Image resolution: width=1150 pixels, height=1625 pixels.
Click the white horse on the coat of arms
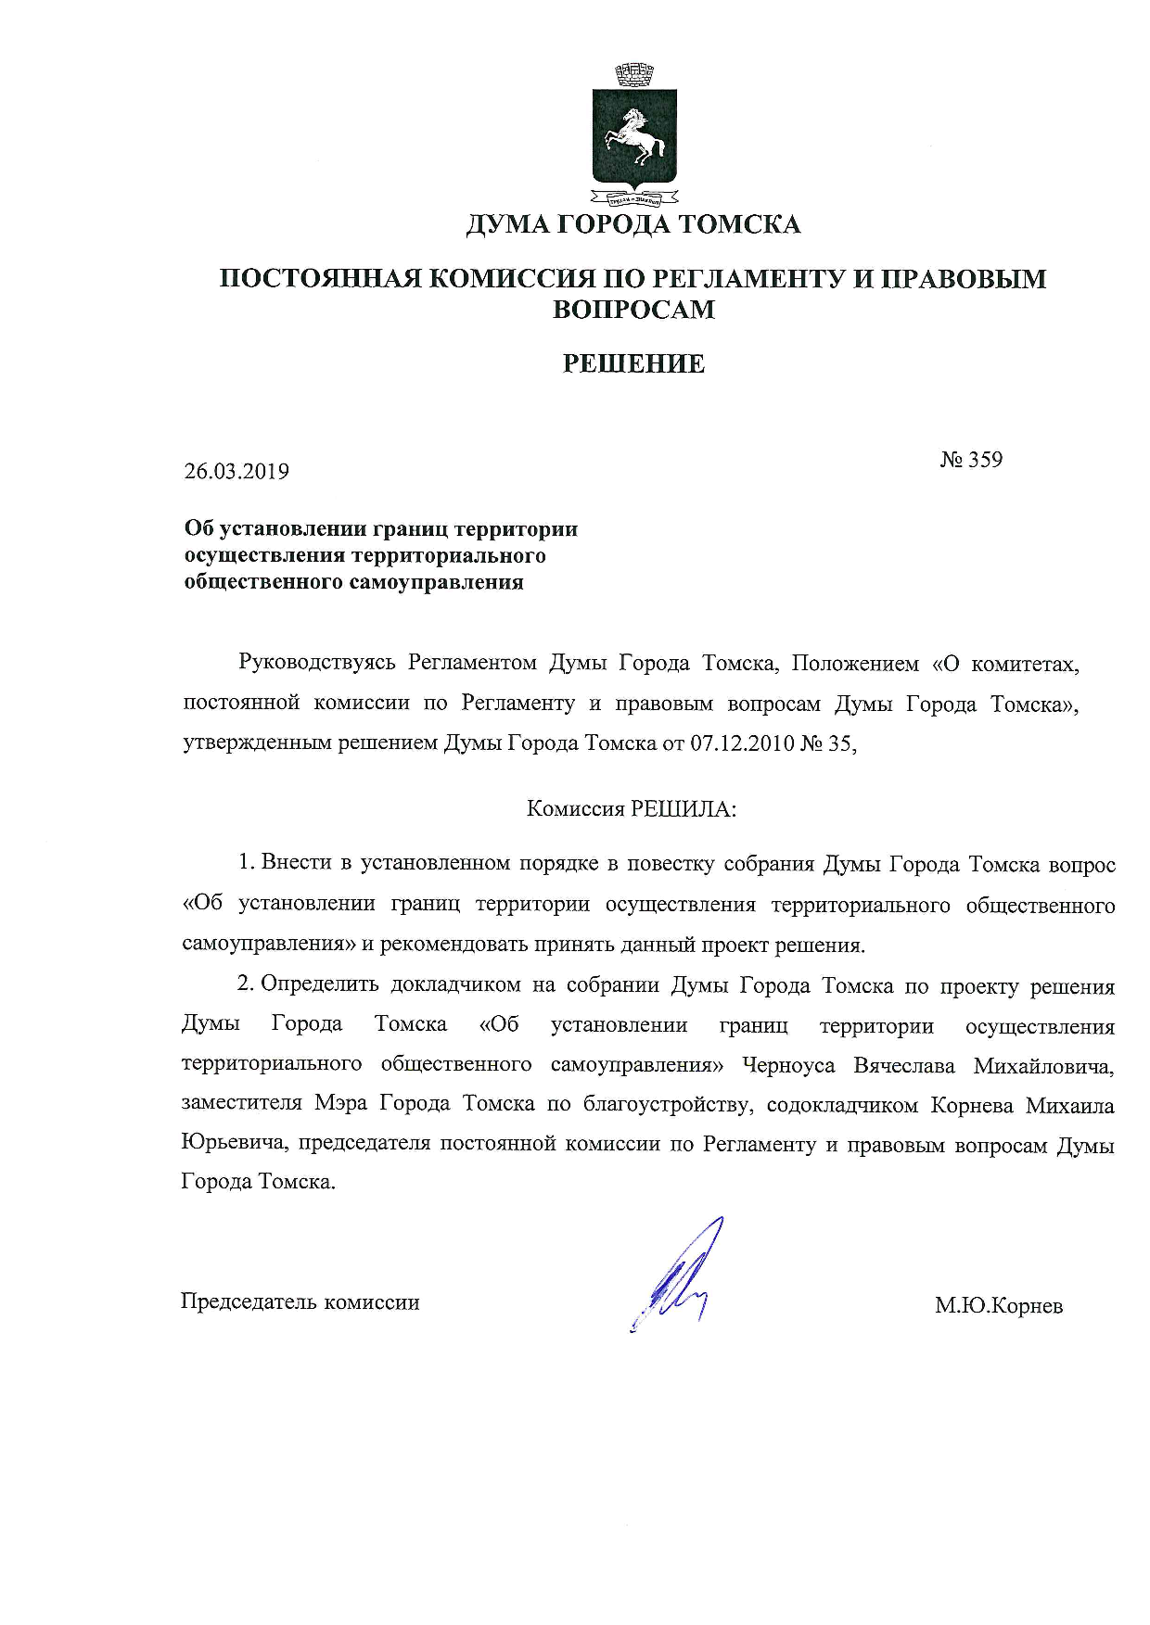[x=635, y=138]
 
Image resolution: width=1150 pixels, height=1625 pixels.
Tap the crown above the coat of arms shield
[x=635, y=73]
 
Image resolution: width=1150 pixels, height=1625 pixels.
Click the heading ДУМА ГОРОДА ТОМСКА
[x=633, y=224]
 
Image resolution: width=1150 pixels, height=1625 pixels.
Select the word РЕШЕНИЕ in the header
[x=634, y=363]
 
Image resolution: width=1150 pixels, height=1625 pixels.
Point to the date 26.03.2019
[x=236, y=471]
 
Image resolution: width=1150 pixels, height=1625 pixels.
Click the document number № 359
[x=971, y=460]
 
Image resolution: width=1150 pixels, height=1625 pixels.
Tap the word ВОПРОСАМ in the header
[x=634, y=310]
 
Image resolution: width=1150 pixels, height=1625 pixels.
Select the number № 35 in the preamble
[x=828, y=743]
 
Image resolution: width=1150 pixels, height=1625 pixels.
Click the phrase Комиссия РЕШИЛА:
[x=632, y=809]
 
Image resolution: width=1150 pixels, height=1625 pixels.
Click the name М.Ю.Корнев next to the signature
[x=999, y=1306]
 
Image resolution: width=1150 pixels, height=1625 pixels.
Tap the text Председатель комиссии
[x=300, y=1302]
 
